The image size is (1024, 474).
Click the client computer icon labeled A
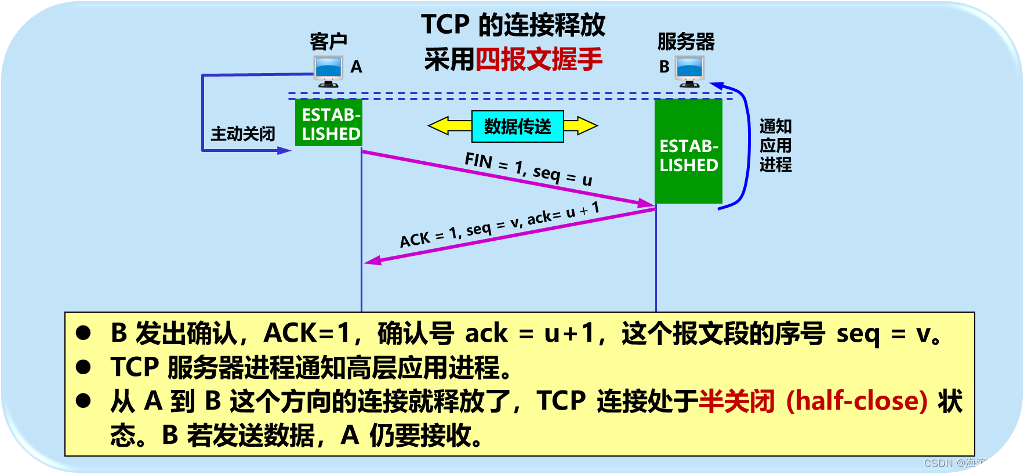tap(328, 71)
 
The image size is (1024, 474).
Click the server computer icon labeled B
tap(690, 71)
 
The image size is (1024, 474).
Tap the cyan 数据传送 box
tap(517, 126)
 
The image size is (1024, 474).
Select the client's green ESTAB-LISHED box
tap(329, 122)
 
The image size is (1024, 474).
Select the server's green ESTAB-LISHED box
tap(688, 151)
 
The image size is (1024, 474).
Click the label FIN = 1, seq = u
tap(528, 169)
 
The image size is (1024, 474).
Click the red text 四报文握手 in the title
tap(539, 59)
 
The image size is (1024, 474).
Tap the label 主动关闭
tap(242, 134)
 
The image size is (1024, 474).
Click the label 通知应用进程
tap(775, 146)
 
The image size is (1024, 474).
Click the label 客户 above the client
tap(328, 41)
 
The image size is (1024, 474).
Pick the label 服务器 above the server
tap(686, 41)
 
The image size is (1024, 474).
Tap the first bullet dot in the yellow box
tap(83, 333)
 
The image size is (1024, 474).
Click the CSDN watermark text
tap(968, 463)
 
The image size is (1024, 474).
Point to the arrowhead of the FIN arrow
tap(647, 203)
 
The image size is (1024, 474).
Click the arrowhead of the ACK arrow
tap(372, 260)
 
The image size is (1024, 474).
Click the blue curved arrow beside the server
tap(745, 145)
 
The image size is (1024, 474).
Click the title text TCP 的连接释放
tap(513, 25)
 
